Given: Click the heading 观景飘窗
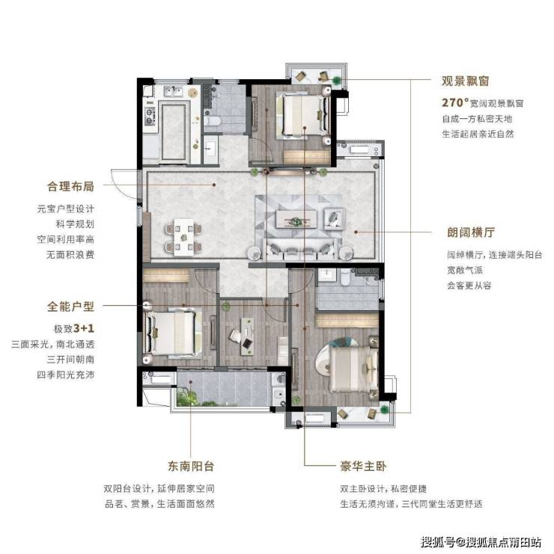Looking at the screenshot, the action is click(465, 81).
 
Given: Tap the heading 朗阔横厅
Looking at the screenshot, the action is click(471, 232).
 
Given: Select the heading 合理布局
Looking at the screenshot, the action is click(71, 186).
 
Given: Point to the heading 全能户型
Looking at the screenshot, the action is click(71, 306).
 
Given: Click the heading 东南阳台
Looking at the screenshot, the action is click(191, 466).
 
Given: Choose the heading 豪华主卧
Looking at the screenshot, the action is click(363, 466).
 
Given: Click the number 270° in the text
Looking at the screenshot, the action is click(455, 102).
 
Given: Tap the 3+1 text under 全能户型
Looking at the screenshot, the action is click(84, 328).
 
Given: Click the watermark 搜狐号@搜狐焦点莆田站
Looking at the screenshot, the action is click(481, 542).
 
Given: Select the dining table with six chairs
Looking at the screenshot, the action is click(183, 236).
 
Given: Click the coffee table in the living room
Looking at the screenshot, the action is click(296, 220).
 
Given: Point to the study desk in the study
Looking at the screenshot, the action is click(247, 336).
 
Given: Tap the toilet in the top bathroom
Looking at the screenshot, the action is click(212, 122).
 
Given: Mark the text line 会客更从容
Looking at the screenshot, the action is click(469, 286).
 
